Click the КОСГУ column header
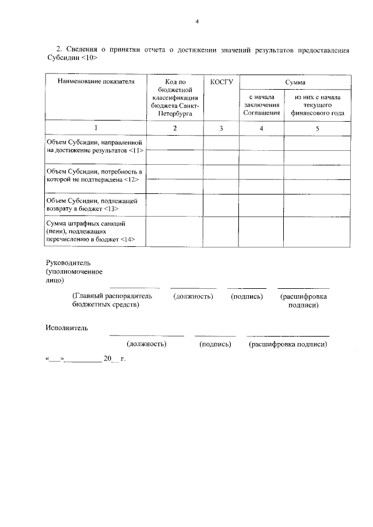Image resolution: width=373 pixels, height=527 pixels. click(x=221, y=82)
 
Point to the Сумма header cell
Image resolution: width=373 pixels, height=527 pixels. click(x=294, y=82)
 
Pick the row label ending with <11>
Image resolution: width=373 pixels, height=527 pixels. click(x=94, y=146)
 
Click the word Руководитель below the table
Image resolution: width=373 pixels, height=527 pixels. click(x=69, y=263)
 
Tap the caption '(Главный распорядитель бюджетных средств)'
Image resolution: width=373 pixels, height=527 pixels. click(x=111, y=300)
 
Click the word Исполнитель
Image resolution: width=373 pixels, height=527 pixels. click(x=67, y=328)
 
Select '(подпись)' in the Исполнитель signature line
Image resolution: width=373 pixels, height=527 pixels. click(x=215, y=344)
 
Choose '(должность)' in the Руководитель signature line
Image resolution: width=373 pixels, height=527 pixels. click(x=193, y=296)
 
